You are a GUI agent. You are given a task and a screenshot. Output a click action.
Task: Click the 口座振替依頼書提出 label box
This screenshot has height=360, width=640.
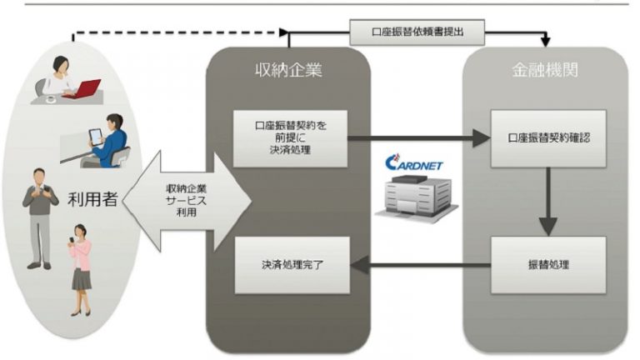[418, 32]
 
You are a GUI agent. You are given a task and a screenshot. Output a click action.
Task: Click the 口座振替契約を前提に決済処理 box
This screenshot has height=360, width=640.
[290, 137]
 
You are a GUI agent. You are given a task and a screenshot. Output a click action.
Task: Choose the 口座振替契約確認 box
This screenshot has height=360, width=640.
[547, 137]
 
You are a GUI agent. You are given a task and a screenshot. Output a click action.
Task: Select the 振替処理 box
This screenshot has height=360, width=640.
[547, 264]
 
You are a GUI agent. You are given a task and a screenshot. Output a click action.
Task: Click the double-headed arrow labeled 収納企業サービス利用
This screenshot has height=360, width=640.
[192, 200]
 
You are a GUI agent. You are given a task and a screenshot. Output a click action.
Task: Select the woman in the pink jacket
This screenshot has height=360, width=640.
[81, 271]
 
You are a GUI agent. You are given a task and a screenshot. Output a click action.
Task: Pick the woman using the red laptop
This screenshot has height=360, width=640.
[60, 79]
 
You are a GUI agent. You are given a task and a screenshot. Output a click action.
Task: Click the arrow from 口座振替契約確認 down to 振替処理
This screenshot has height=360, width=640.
[547, 200]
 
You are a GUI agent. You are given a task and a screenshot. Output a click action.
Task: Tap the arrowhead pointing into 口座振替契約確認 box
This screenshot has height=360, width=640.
[482, 137]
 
